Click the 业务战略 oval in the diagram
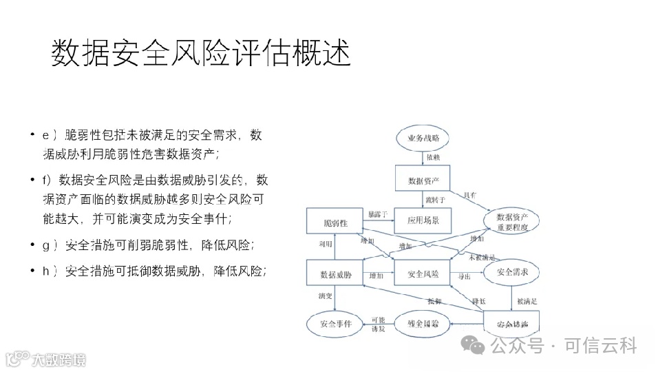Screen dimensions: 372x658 [x=422, y=138]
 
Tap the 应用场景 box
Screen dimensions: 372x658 [x=422, y=221]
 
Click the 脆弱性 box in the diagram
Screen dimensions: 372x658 [x=335, y=223]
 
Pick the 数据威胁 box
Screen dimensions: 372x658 [x=335, y=275]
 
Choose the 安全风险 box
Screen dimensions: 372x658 [x=422, y=275]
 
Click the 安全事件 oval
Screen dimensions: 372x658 [x=335, y=322]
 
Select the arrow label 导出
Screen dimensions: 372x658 [x=465, y=276]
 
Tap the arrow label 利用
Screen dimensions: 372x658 [x=325, y=244]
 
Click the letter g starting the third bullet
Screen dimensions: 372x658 [x=46, y=245]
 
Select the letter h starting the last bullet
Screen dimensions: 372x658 [x=46, y=271]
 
